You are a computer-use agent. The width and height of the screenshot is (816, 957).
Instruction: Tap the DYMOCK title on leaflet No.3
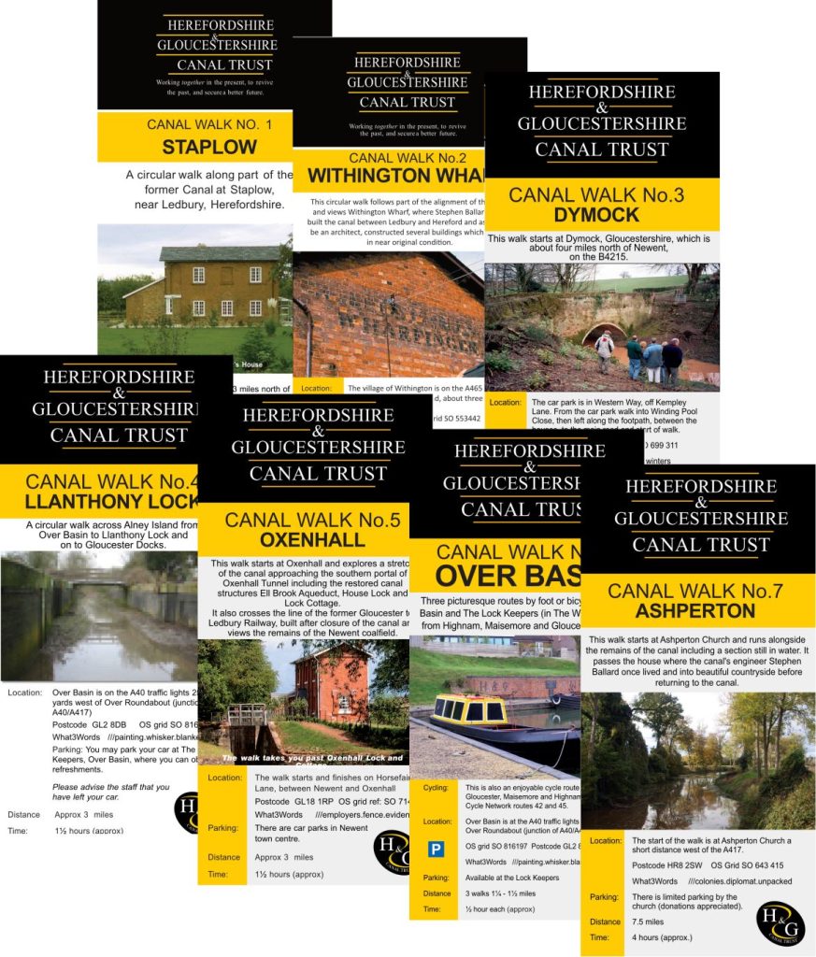pyautogui.click(x=602, y=215)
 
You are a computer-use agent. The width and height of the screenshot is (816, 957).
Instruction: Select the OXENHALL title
pyautogui.click(x=294, y=540)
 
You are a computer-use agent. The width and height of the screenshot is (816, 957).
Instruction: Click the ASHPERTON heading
pyautogui.click(x=694, y=611)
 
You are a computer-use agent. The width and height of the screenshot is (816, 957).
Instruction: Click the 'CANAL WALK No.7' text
pyautogui.click(x=694, y=590)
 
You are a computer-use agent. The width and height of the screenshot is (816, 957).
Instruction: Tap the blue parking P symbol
pyautogui.click(x=436, y=850)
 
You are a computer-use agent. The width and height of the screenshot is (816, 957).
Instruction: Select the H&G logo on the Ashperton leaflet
pyautogui.click(x=780, y=922)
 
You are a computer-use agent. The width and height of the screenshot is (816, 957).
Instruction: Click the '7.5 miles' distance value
pyautogui.click(x=651, y=921)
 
